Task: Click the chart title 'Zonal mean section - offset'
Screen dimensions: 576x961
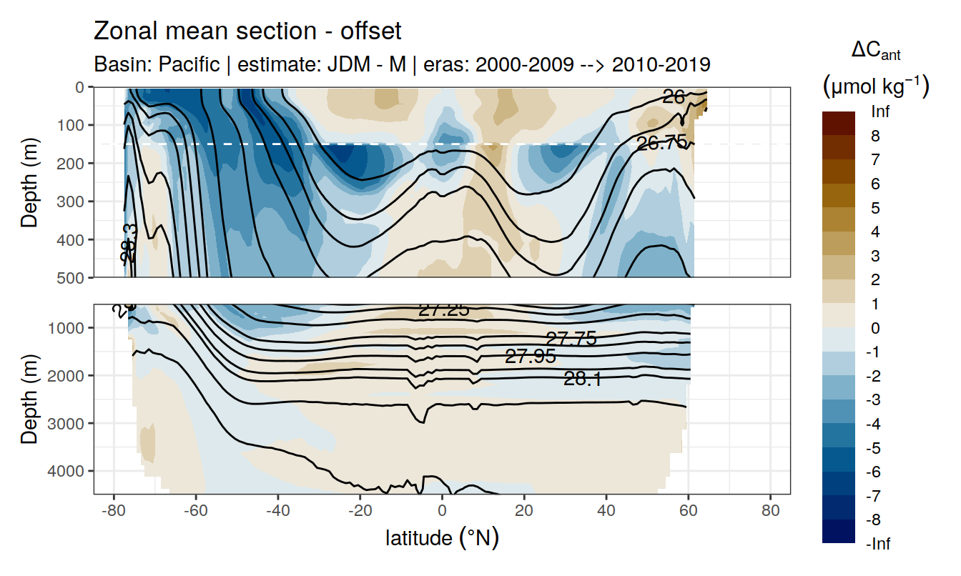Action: click(247, 31)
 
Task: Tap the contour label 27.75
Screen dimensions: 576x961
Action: click(571, 339)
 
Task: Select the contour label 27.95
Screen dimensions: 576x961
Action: click(530, 357)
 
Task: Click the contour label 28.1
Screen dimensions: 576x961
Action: click(582, 379)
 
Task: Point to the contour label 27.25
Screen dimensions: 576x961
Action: click(443, 310)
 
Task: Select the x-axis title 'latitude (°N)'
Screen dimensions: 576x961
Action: click(442, 537)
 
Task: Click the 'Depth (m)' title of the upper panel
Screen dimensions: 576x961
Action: click(29, 182)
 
